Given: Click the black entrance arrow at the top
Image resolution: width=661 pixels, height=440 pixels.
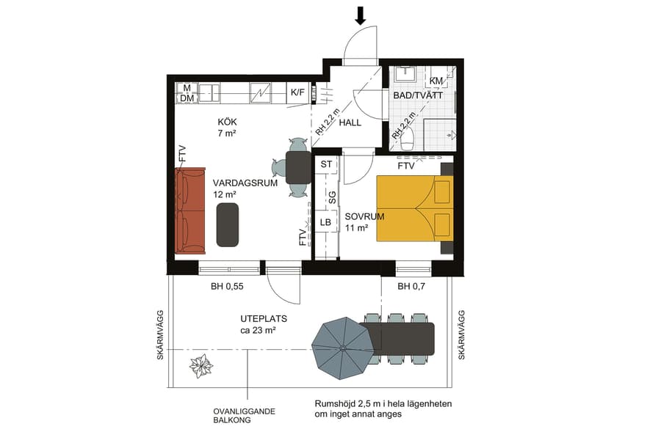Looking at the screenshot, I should coord(360,15).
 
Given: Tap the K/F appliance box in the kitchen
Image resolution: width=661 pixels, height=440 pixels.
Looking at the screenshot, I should coord(297,92).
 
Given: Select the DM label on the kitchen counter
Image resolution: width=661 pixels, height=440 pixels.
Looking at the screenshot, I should coord(187,98).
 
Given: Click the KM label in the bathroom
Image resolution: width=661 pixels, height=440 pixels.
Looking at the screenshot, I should coord(436,81).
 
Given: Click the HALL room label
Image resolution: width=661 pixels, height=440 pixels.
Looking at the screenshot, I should coord(350,123).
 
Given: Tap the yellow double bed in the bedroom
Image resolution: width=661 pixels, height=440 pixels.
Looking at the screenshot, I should coord(414,208).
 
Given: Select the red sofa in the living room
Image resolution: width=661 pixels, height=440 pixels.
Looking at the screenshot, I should coord(189,210).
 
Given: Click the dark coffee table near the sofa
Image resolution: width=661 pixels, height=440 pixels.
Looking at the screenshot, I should coord(228,224).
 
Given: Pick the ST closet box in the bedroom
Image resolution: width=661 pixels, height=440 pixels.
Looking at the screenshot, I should coord(326,164).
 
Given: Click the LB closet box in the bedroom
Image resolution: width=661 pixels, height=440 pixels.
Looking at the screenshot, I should coord(326,221).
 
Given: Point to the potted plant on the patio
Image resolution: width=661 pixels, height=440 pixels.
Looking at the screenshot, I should coord(200,364).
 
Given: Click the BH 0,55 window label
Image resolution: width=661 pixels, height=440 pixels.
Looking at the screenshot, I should coord(228,287).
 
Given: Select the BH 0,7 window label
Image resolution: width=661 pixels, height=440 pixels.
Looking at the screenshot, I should coord(412,287).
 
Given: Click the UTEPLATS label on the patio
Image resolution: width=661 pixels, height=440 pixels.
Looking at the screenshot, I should coord(263,320).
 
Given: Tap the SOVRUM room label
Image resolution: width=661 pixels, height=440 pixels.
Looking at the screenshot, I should coord(363,216).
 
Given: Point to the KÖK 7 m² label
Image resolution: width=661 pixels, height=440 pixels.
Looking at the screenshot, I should coord(227,128).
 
